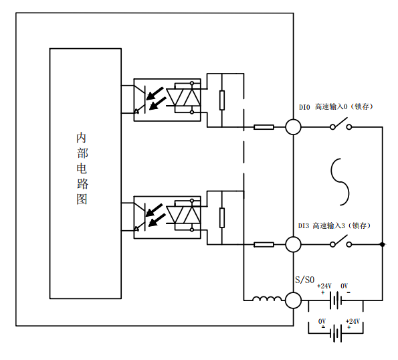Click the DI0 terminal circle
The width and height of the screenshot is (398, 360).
click(x=293, y=127)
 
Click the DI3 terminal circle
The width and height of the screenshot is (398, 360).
click(x=293, y=244)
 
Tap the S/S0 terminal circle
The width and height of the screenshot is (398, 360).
click(x=293, y=300)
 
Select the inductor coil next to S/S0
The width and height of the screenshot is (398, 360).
click(x=267, y=299)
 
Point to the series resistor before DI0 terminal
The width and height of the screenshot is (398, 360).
click(x=264, y=127)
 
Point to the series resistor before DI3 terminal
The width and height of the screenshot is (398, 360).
click(x=264, y=244)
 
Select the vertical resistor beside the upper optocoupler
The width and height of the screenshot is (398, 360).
click(x=222, y=100)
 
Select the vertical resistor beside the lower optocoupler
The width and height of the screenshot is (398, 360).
click(x=222, y=217)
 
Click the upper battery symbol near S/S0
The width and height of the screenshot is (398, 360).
click(x=336, y=300)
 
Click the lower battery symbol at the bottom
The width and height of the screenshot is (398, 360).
click(x=336, y=333)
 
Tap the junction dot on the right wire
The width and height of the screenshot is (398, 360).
click(x=382, y=244)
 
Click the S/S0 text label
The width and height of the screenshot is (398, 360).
click(x=304, y=280)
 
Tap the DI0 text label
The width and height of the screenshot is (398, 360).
click(x=304, y=107)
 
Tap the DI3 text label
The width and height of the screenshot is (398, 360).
click(x=303, y=226)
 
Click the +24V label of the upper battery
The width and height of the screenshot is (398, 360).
click(x=324, y=286)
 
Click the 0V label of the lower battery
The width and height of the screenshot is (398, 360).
click(x=322, y=322)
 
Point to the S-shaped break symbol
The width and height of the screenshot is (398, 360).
click(x=340, y=182)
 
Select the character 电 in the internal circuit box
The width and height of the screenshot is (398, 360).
click(x=82, y=169)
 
